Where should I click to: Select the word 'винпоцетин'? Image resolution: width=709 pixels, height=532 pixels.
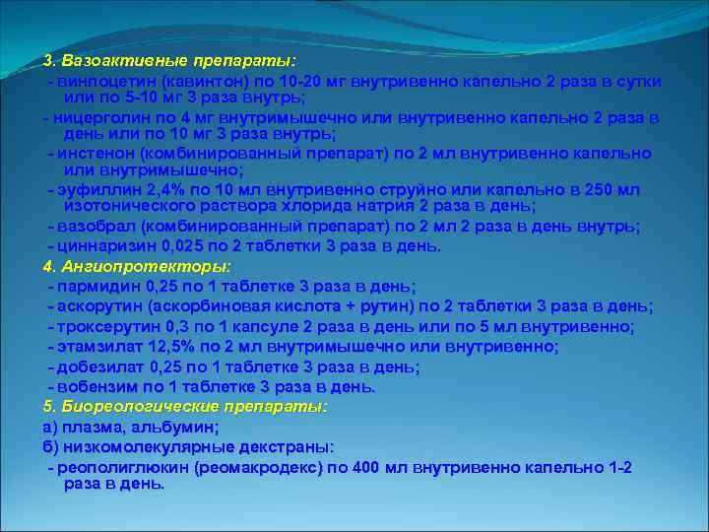tap(107, 80)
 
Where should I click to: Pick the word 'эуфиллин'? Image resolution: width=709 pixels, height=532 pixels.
tap(94, 190)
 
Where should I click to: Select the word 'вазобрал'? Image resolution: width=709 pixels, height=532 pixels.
tap(96, 227)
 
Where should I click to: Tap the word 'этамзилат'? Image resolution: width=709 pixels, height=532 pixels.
tap(100, 347)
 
